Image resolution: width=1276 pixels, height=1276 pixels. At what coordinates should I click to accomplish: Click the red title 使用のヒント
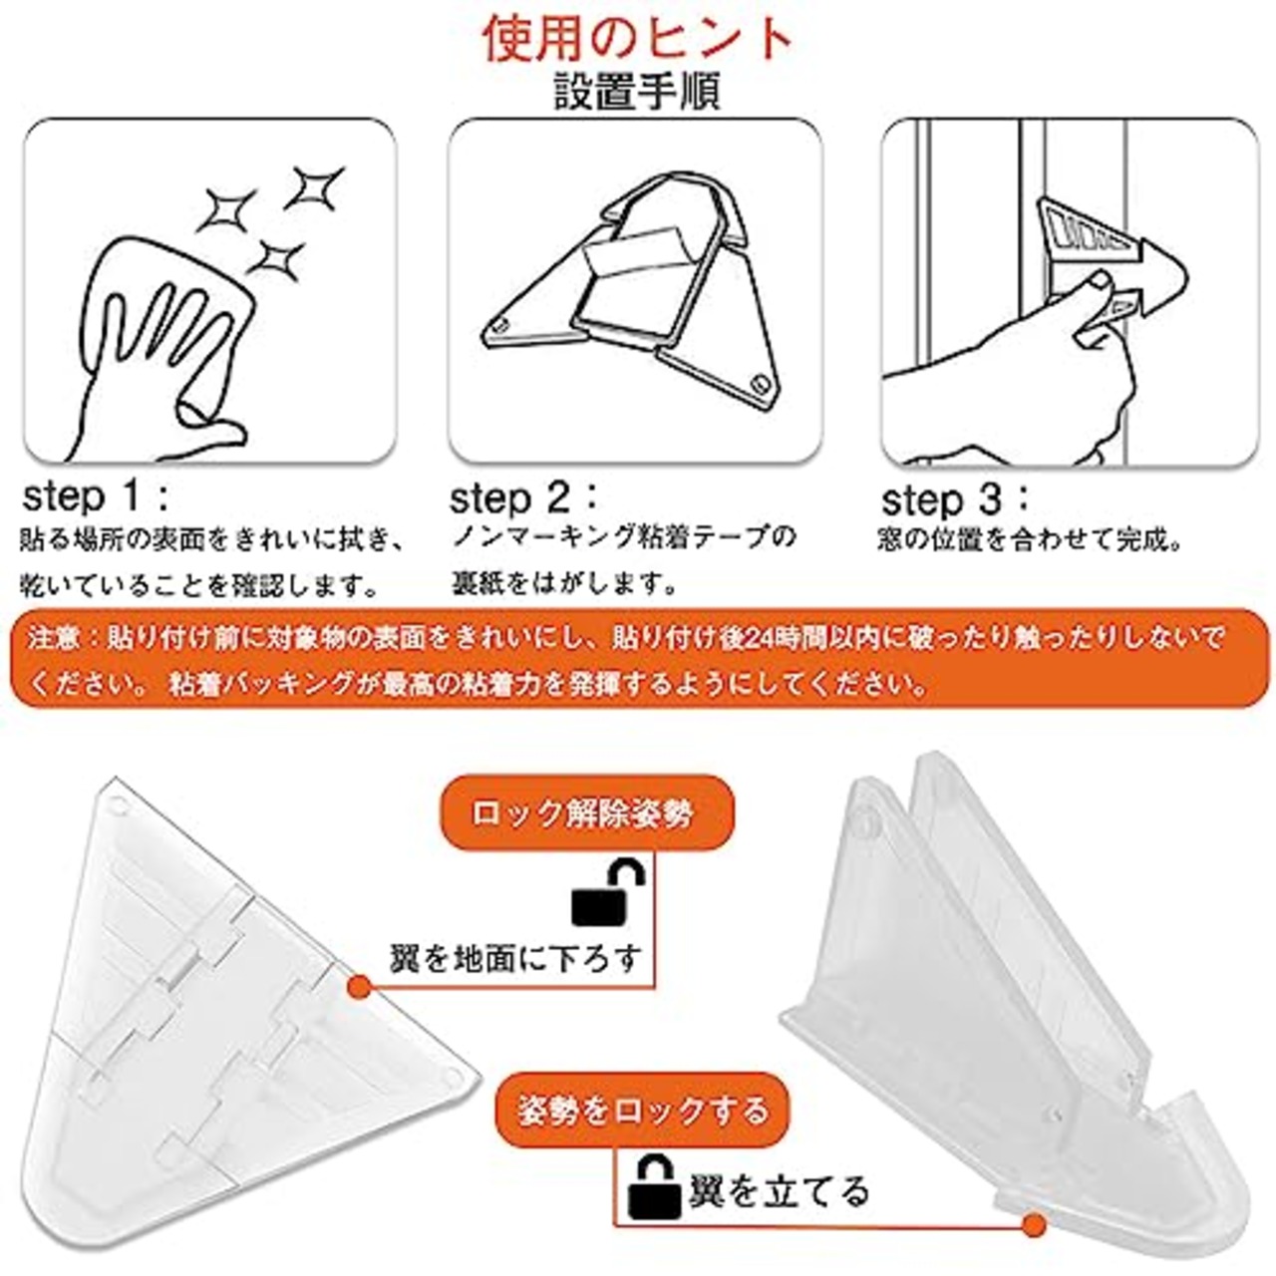638,40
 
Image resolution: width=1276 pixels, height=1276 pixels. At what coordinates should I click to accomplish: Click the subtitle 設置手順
638,93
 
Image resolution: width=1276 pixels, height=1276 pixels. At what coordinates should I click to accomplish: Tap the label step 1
94,495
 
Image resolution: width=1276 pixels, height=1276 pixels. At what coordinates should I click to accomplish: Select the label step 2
522,497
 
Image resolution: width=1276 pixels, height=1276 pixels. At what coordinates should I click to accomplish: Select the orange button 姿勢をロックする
643,1110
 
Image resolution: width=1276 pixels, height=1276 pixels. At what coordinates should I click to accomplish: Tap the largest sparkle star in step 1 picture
226,209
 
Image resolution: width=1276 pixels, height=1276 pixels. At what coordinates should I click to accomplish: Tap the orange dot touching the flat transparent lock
361,985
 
